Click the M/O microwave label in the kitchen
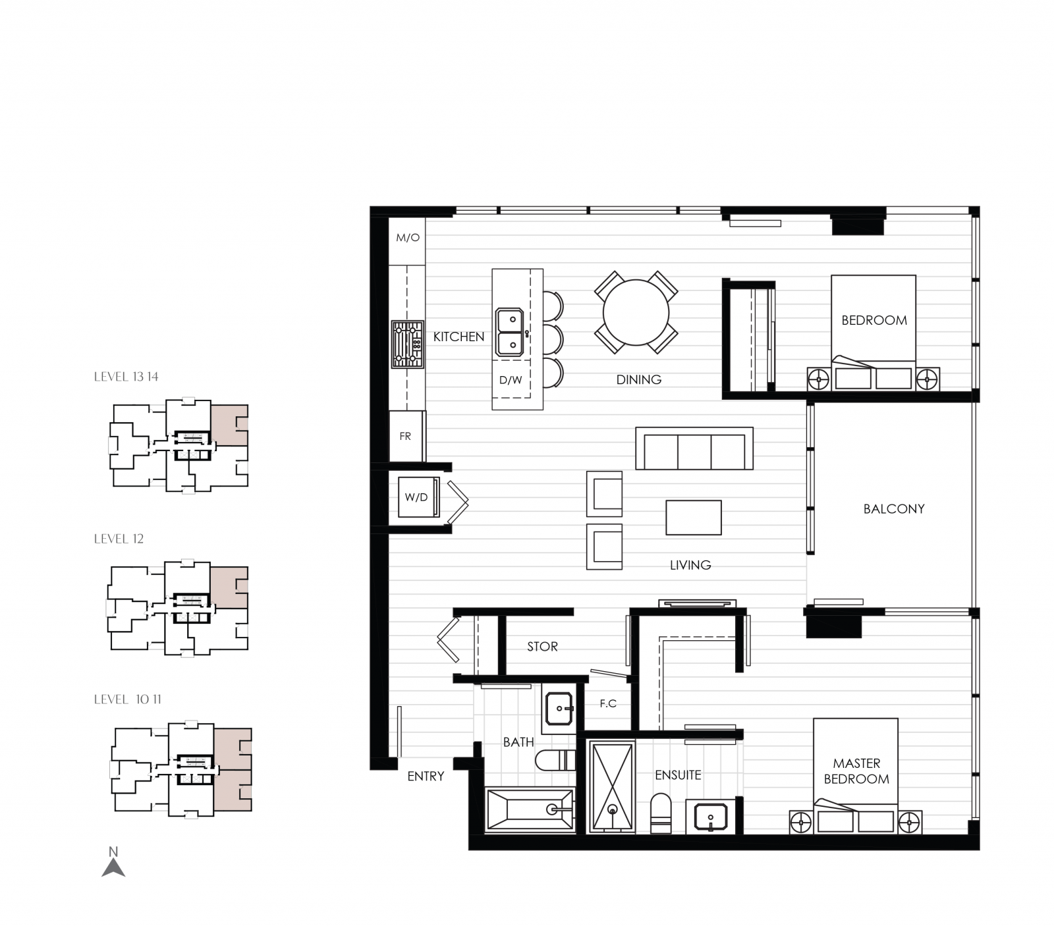click(407, 238)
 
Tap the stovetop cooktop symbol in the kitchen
click(407, 344)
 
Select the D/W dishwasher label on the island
click(511, 380)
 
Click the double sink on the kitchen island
click(510, 332)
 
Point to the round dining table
click(636, 312)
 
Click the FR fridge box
click(406, 436)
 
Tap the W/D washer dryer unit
click(417, 497)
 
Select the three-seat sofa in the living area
click(694, 450)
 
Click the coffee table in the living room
click(693, 518)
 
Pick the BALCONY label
click(893, 509)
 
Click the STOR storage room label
click(542, 647)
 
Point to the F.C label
click(608, 704)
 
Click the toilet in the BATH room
click(555, 761)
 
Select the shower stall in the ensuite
click(612, 786)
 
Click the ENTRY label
click(426, 776)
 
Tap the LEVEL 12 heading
click(119, 539)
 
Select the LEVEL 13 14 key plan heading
click(126, 377)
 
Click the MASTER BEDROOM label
click(856, 771)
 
